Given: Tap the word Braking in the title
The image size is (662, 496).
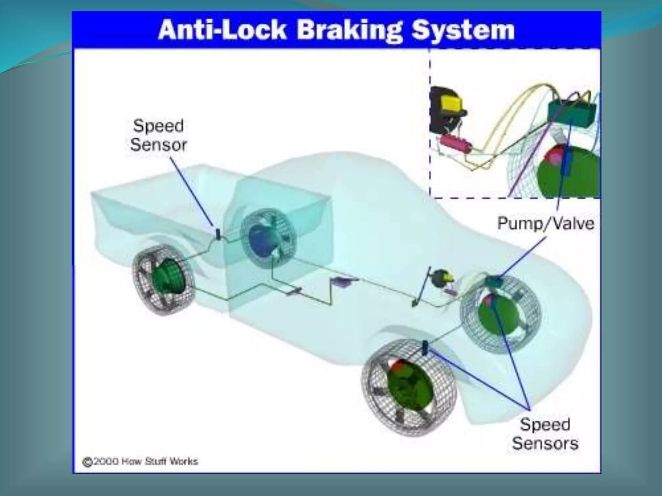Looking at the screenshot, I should pos(349,30).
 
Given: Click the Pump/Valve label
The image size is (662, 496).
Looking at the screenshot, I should pos(546,223).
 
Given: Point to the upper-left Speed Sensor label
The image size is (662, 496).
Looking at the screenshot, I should pos(158,135).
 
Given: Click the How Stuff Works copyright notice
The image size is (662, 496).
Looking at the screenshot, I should pos(140,461).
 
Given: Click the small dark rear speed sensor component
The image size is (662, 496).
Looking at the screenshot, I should pos(218,234).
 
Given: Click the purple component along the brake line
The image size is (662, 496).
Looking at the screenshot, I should pos(343,282).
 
